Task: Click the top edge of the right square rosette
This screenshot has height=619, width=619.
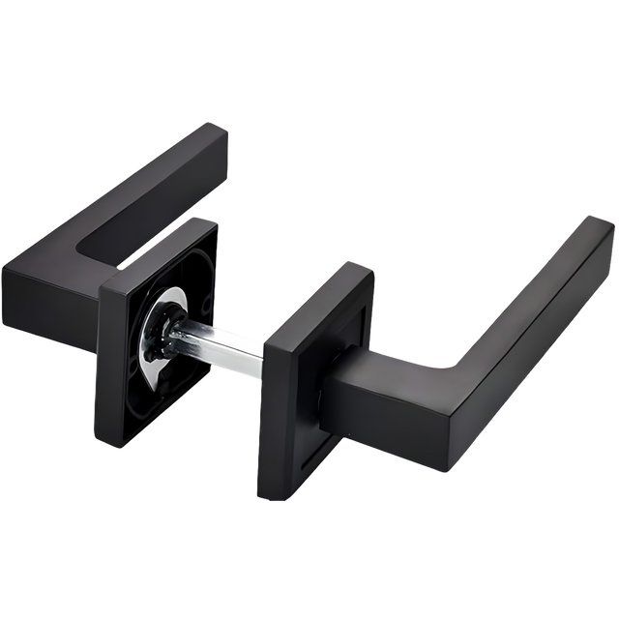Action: [319, 290]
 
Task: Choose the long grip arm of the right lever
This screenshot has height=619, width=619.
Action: [522, 309]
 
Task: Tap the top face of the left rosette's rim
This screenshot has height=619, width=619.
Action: [155, 251]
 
